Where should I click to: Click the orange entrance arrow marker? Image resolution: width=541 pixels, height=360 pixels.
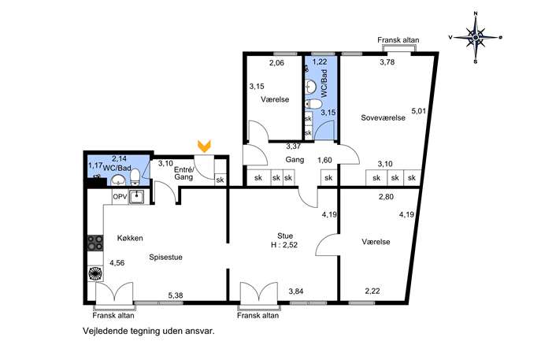pos(204,146)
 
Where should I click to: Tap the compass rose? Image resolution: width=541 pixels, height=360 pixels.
pos(476,37)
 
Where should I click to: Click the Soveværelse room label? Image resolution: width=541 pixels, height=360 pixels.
pos(383,117)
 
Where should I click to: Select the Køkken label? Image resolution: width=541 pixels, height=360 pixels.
pos(130,238)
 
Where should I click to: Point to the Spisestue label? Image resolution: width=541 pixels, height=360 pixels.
pos(165,258)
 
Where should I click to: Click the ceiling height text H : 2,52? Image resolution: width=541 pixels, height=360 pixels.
pos(284,246)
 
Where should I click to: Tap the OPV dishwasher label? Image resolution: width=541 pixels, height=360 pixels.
pos(120,197)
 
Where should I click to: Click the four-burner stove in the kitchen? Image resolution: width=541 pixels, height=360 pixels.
pos(95,243)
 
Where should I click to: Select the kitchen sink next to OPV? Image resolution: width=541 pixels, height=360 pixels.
pos(138,197)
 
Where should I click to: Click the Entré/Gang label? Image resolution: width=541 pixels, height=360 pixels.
pos(184,173)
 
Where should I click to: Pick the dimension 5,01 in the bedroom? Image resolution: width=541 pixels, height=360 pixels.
pos(418,111)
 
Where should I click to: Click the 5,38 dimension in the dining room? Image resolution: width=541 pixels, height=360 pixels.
pos(176,296)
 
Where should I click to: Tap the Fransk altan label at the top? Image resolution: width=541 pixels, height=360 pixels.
pos(398,40)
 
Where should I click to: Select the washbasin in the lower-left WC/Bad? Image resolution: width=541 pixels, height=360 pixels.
pos(119,180)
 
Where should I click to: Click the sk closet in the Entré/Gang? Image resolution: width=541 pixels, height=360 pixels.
pos(220,180)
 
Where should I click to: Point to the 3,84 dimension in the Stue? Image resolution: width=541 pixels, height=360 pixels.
pos(295,291)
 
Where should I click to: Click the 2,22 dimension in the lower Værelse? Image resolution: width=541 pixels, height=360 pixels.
pos(372,291)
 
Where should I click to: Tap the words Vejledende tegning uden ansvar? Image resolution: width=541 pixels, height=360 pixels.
pos(149,332)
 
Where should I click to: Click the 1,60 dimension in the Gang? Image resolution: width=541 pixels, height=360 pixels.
pos(324,160)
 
